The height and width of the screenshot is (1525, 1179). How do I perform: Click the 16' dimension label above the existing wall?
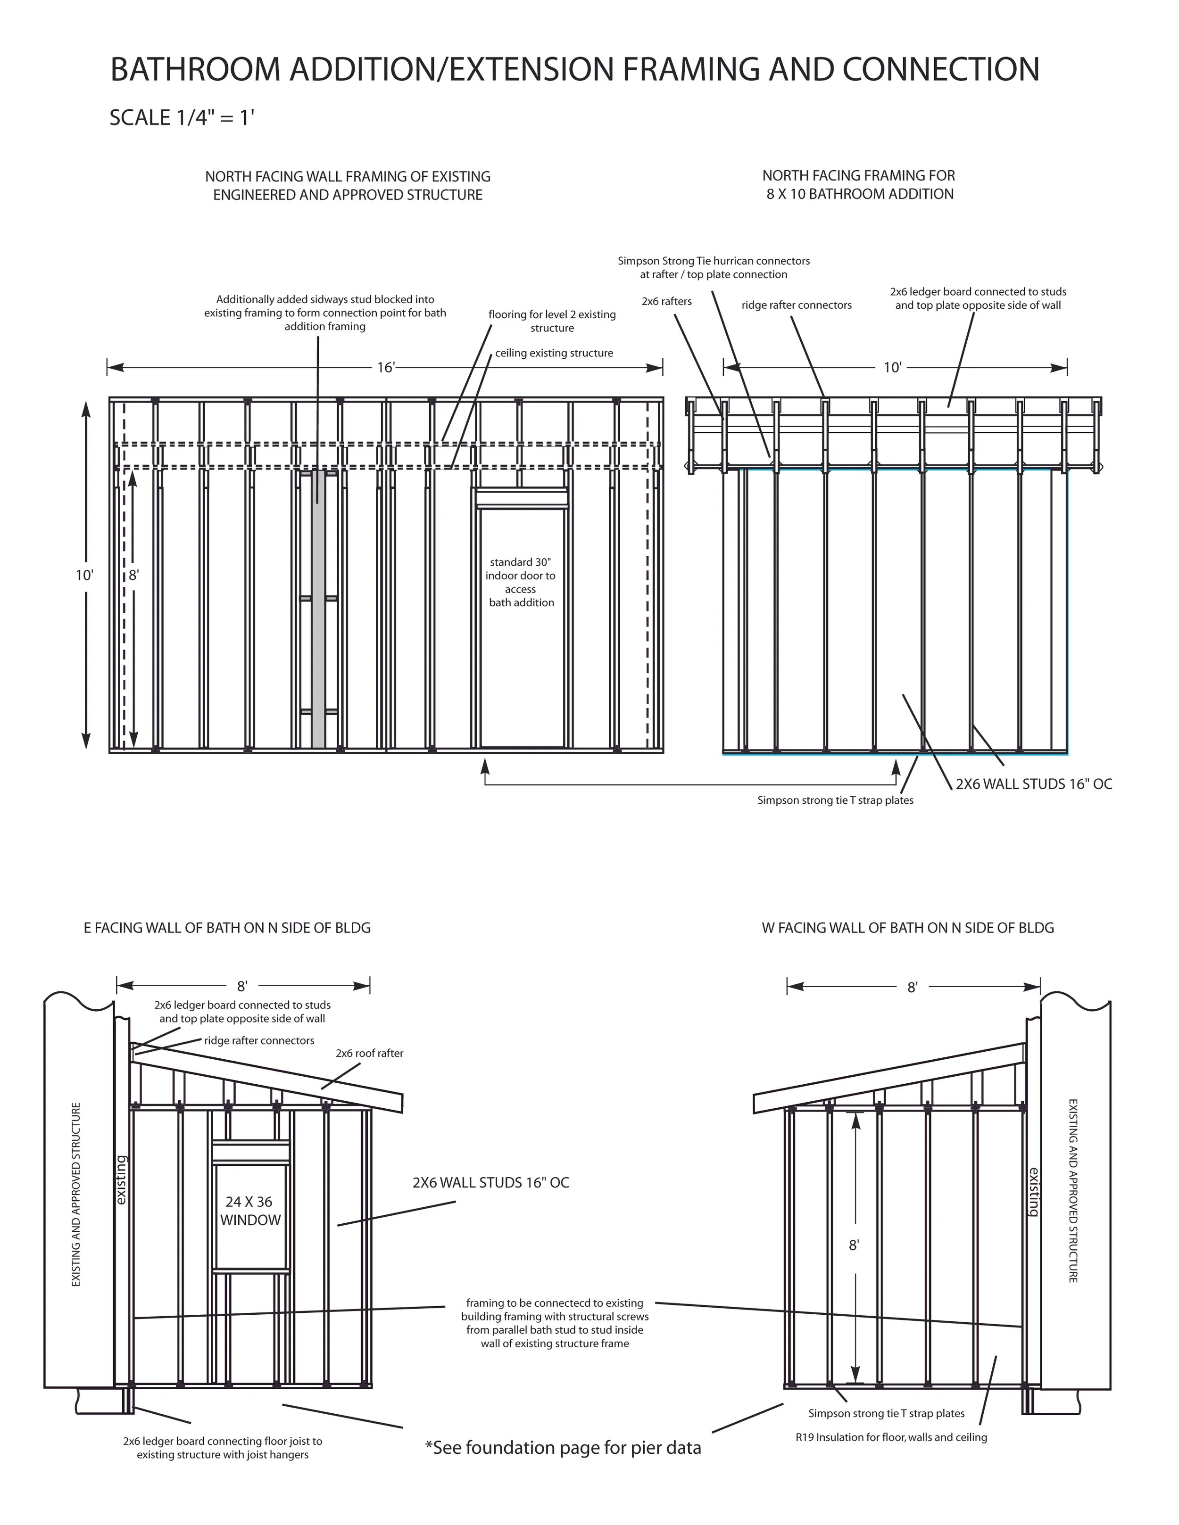pyautogui.click(x=386, y=367)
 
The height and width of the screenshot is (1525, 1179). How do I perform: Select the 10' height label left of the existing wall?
pyautogui.click(x=84, y=575)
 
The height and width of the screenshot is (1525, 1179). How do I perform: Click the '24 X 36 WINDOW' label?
pyautogui.click(x=249, y=1210)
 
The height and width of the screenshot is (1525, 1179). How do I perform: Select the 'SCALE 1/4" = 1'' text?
pyautogui.click(x=182, y=117)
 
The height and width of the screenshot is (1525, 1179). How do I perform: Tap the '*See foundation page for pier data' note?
pyautogui.click(x=563, y=1448)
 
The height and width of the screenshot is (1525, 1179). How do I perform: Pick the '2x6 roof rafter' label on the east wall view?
pyautogui.click(x=369, y=1053)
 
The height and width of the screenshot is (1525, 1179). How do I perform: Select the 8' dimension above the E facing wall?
pyautogui.click(x=241, y=986)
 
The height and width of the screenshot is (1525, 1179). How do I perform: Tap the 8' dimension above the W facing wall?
pyautogui.click(x=912, y=987)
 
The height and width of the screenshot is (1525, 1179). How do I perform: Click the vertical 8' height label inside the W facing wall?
pyautogui.click(x=854, y=1245)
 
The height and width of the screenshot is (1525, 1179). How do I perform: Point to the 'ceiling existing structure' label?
pyautogui.click(x=554, y=353)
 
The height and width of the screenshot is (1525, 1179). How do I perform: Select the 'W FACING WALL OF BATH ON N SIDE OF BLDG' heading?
pyautogui.click(x=907, y=928)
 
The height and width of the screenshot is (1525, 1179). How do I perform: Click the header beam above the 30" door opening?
pyautogui.click(x=521, y=499)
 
